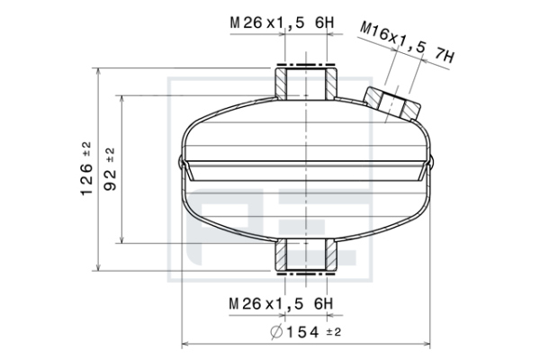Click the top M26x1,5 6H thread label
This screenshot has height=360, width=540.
[282, 23]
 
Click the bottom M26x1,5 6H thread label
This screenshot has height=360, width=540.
[281, 304]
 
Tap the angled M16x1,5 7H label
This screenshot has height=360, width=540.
[407, 42]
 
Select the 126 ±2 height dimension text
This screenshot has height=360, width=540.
[86, 169]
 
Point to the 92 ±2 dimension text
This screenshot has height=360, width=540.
[110, 169]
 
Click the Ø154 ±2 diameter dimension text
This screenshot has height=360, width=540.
[306, 332]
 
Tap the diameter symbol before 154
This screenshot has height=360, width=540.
[276, 332]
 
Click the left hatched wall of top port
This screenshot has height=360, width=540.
[280, 84]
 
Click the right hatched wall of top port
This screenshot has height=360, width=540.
[331, 84]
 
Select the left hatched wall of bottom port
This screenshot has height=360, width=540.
[280, 255]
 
